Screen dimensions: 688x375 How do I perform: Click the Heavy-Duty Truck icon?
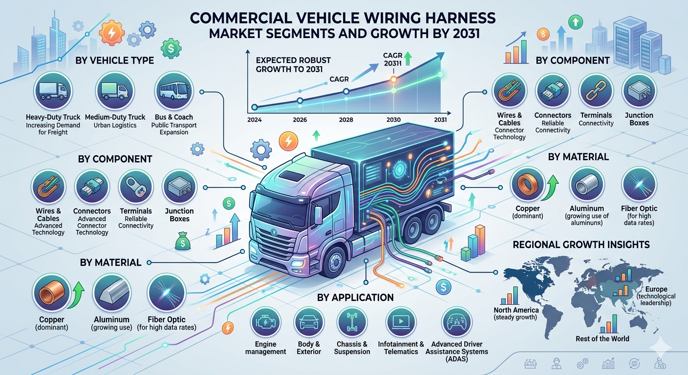point(53,91)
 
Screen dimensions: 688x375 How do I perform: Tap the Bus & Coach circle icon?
point(174,91)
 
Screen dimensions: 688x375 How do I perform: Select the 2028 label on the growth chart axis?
point(346,120)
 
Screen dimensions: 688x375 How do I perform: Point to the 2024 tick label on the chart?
point(254,120)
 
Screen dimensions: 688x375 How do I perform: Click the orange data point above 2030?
point(393,80)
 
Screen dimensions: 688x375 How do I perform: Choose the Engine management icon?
point(266,322)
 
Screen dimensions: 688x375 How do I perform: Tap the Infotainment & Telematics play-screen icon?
point(401,322)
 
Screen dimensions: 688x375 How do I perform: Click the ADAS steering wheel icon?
point(456,322)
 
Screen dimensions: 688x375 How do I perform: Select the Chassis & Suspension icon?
point(352,322)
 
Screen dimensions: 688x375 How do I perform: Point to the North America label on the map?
point(516,310)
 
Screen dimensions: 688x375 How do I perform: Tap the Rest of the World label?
point(602,339)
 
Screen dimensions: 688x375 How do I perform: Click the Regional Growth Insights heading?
point(581,245)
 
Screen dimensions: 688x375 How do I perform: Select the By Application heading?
point(355,297)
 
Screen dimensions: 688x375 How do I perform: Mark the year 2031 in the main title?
point(466,34)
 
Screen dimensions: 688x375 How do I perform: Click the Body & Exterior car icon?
point(309,322)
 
